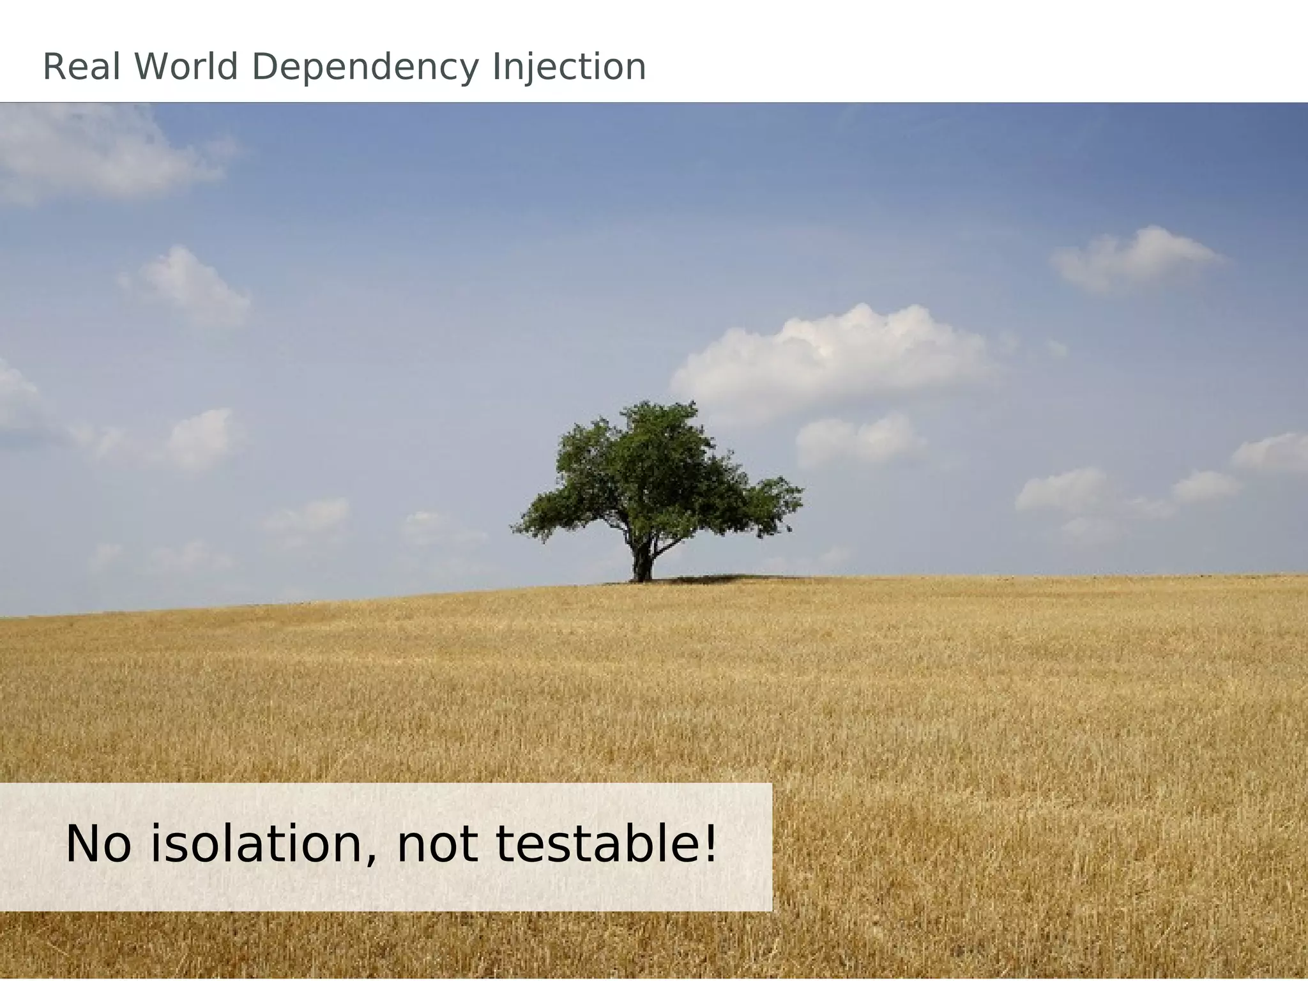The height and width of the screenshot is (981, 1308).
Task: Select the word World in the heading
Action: tap(186, 67)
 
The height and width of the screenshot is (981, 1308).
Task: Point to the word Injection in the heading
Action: tap(569, 68)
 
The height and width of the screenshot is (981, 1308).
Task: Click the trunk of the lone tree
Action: tap(643, 562)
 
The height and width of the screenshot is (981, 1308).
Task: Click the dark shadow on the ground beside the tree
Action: tap(715, 579)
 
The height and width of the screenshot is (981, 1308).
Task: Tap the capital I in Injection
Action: tap(496, 67)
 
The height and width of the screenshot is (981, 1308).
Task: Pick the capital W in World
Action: tap(151, 67)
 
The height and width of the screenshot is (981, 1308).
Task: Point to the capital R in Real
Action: tap(52, 67)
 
